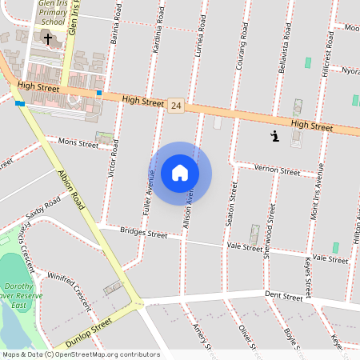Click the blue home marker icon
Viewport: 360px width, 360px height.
coord(180,173)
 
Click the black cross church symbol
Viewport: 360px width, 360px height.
coord(48,38)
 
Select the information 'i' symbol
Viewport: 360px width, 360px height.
coord(275,137)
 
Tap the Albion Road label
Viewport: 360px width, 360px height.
coord(71,190)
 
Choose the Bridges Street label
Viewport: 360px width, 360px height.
coord(144,234)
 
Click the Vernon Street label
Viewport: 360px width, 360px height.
coord(277,170)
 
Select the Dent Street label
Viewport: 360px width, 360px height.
coord(283,297)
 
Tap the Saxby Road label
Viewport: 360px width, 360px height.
coord(43,210)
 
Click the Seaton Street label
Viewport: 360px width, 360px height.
coord(232,202)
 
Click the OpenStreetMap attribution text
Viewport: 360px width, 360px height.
coord(80,354)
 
